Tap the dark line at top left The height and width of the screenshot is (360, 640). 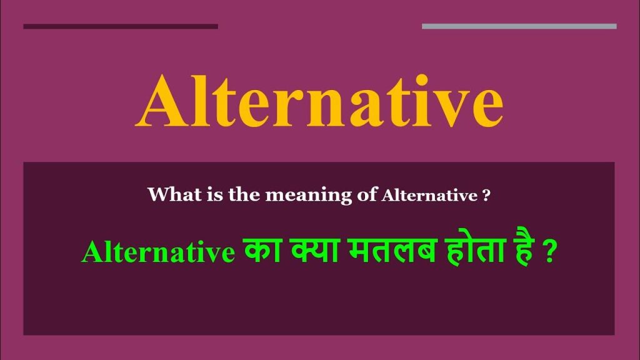(120, 26)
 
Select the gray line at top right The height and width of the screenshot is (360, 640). (519, 26)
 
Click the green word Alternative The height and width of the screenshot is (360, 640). (157, 253)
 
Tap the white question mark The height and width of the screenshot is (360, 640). (486, 196)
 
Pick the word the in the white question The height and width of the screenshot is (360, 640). (239, 195)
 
